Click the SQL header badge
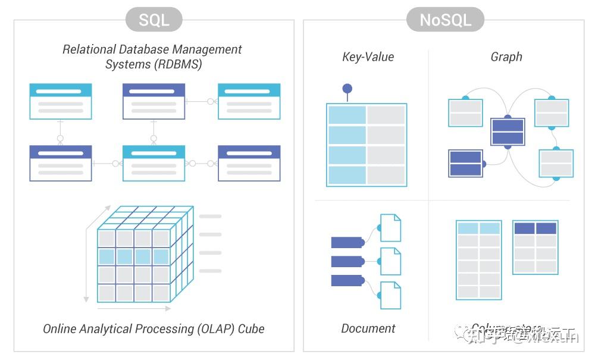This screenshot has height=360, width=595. (x=154, y=20)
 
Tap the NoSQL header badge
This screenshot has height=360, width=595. (x=445, y=20)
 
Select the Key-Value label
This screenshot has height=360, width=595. (x=368, y=57)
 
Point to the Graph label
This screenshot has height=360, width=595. (x=506, y=57)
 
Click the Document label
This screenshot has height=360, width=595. (x=368, y=328)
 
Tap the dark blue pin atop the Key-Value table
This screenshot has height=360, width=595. (x=347, y=89)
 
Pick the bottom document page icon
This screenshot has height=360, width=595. (x=390, y=295)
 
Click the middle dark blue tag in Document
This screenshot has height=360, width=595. (x=346, y=261)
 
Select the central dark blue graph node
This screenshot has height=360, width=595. (x=508, y=132)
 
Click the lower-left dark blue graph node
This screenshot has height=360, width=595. (x=465, y=164)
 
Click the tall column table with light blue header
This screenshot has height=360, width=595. (x=478, y=260)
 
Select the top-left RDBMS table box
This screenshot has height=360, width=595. (x=61, y=101)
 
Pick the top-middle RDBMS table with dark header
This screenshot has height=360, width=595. (x=154, y=101)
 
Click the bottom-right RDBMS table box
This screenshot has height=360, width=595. (x=249, y=163)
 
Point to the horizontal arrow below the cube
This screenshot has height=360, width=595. (x=134, y=308)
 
